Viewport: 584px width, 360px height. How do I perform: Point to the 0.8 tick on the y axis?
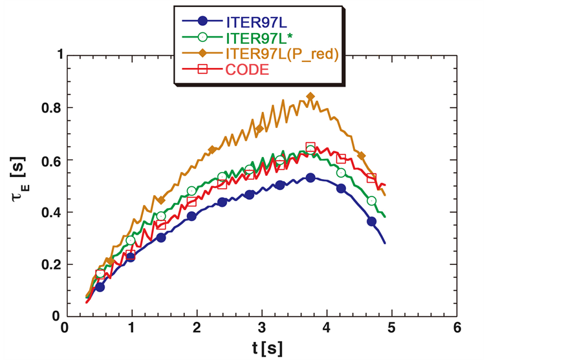pyautogui.click(x=47, y=108)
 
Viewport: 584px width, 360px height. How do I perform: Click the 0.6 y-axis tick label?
pyautogui.click(x=47, y=160)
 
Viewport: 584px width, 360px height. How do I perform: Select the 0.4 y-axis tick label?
pyautogui.click(x=47, y=213)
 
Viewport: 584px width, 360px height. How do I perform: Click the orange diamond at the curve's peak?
pyautogui.click(x=310, y=97)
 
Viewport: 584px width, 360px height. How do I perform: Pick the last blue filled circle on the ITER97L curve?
pyautogui.click(x=372, y=222)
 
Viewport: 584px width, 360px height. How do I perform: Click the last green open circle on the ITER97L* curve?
pyautogui.click(x=372, y=201)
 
